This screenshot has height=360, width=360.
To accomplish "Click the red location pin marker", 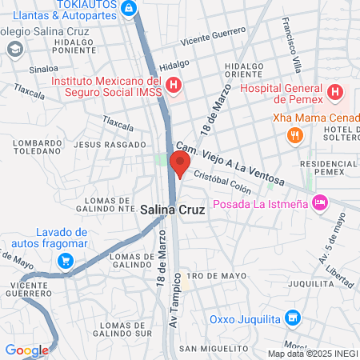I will pyautogui.click(x=180, y=164).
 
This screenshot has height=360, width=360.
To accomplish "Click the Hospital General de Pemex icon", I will pyautogui.click(x=335, y=92).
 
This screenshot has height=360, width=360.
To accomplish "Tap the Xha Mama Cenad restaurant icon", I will pyautogui.click(x=295, y=135).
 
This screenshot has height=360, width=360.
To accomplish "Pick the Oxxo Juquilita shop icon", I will pyautogui.click(x=293, y=319).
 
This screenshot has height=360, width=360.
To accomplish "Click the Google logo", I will pyautogui.click(x=26, y=350).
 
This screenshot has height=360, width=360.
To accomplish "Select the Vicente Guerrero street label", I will pyautogui.click(x=213, y=35).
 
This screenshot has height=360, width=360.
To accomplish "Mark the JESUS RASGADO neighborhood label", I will pyautogui.click(x=120, y=145).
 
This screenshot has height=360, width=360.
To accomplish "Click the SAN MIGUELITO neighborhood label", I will pyautogui.click(x=209, y=348).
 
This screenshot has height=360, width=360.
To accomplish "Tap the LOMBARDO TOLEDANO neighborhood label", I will pyautogui.click(x=38, y=147).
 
